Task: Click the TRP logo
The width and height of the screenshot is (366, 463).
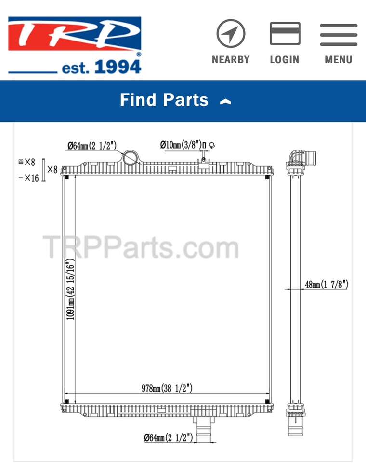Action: [x=75, y=45]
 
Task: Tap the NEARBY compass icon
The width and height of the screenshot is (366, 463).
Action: [x=231, y=33]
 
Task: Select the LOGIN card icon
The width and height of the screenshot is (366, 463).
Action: [x=285, y=33]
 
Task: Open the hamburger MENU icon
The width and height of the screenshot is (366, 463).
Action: [x=339, y=35]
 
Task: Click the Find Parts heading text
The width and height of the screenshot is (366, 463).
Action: [x=164, y=99]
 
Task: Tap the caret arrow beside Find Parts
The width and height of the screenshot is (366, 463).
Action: [x=225, y=102]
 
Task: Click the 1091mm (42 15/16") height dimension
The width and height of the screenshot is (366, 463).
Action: [x=70, y=290]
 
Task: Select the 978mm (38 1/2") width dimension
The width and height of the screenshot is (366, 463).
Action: [x=167, y=388]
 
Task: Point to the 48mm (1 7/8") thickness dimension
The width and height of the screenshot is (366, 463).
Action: [x=327, y=285]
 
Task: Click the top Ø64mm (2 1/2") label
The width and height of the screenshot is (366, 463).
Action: [x=92, y=146]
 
